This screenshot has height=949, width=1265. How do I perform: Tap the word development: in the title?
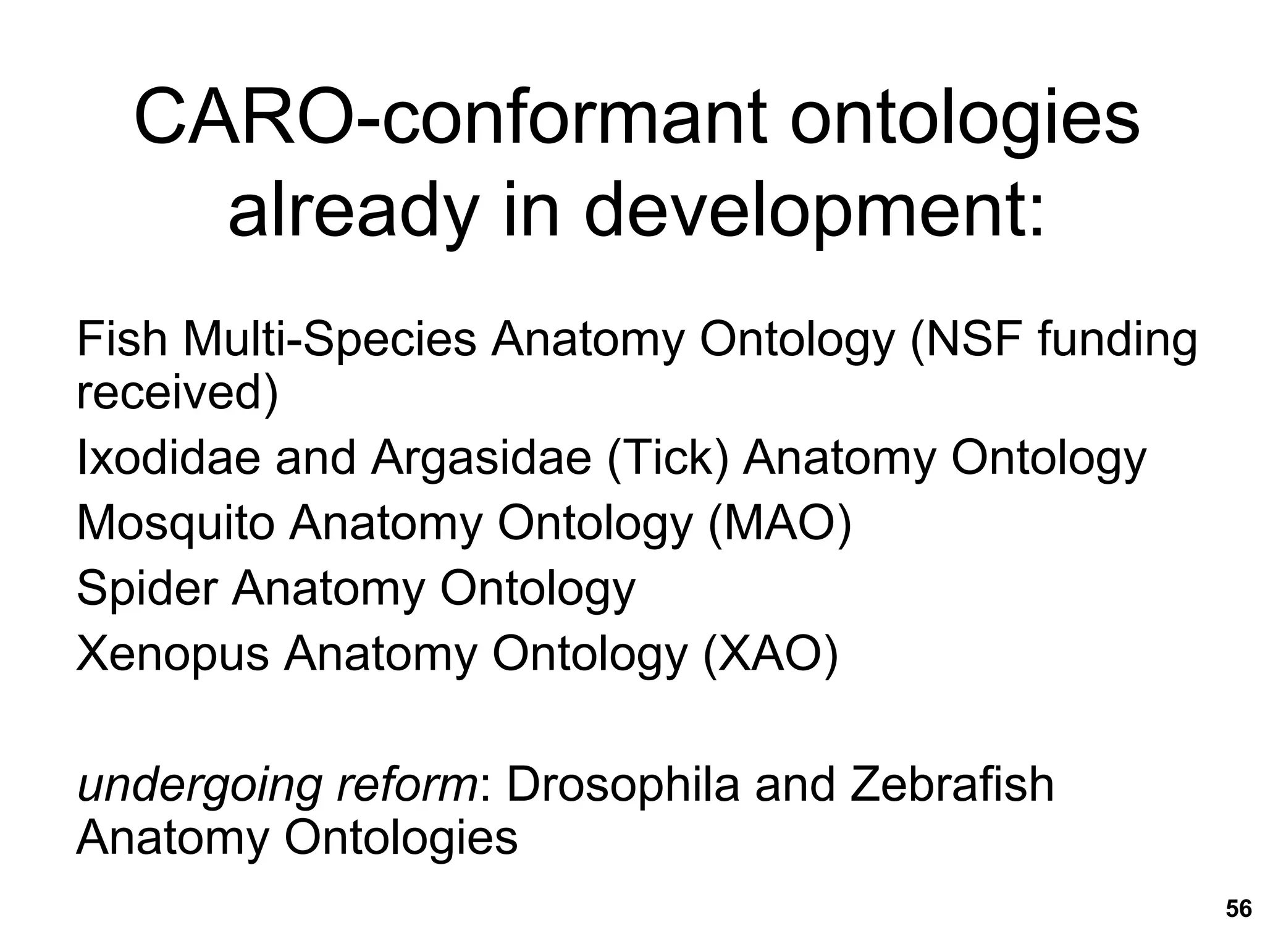point(813,210)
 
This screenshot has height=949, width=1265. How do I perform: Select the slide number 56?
point(1238,909)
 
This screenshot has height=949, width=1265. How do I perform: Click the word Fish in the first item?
point(122,339)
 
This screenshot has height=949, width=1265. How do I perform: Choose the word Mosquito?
point(175,523)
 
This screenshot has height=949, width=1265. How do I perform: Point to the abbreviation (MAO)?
point(780,523)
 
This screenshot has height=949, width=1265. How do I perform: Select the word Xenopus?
point(172,654)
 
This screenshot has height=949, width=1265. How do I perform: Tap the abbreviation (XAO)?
point(771,654)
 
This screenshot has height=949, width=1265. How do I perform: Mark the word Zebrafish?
point(952,784)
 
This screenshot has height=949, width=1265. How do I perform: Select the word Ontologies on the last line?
point(401,838)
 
